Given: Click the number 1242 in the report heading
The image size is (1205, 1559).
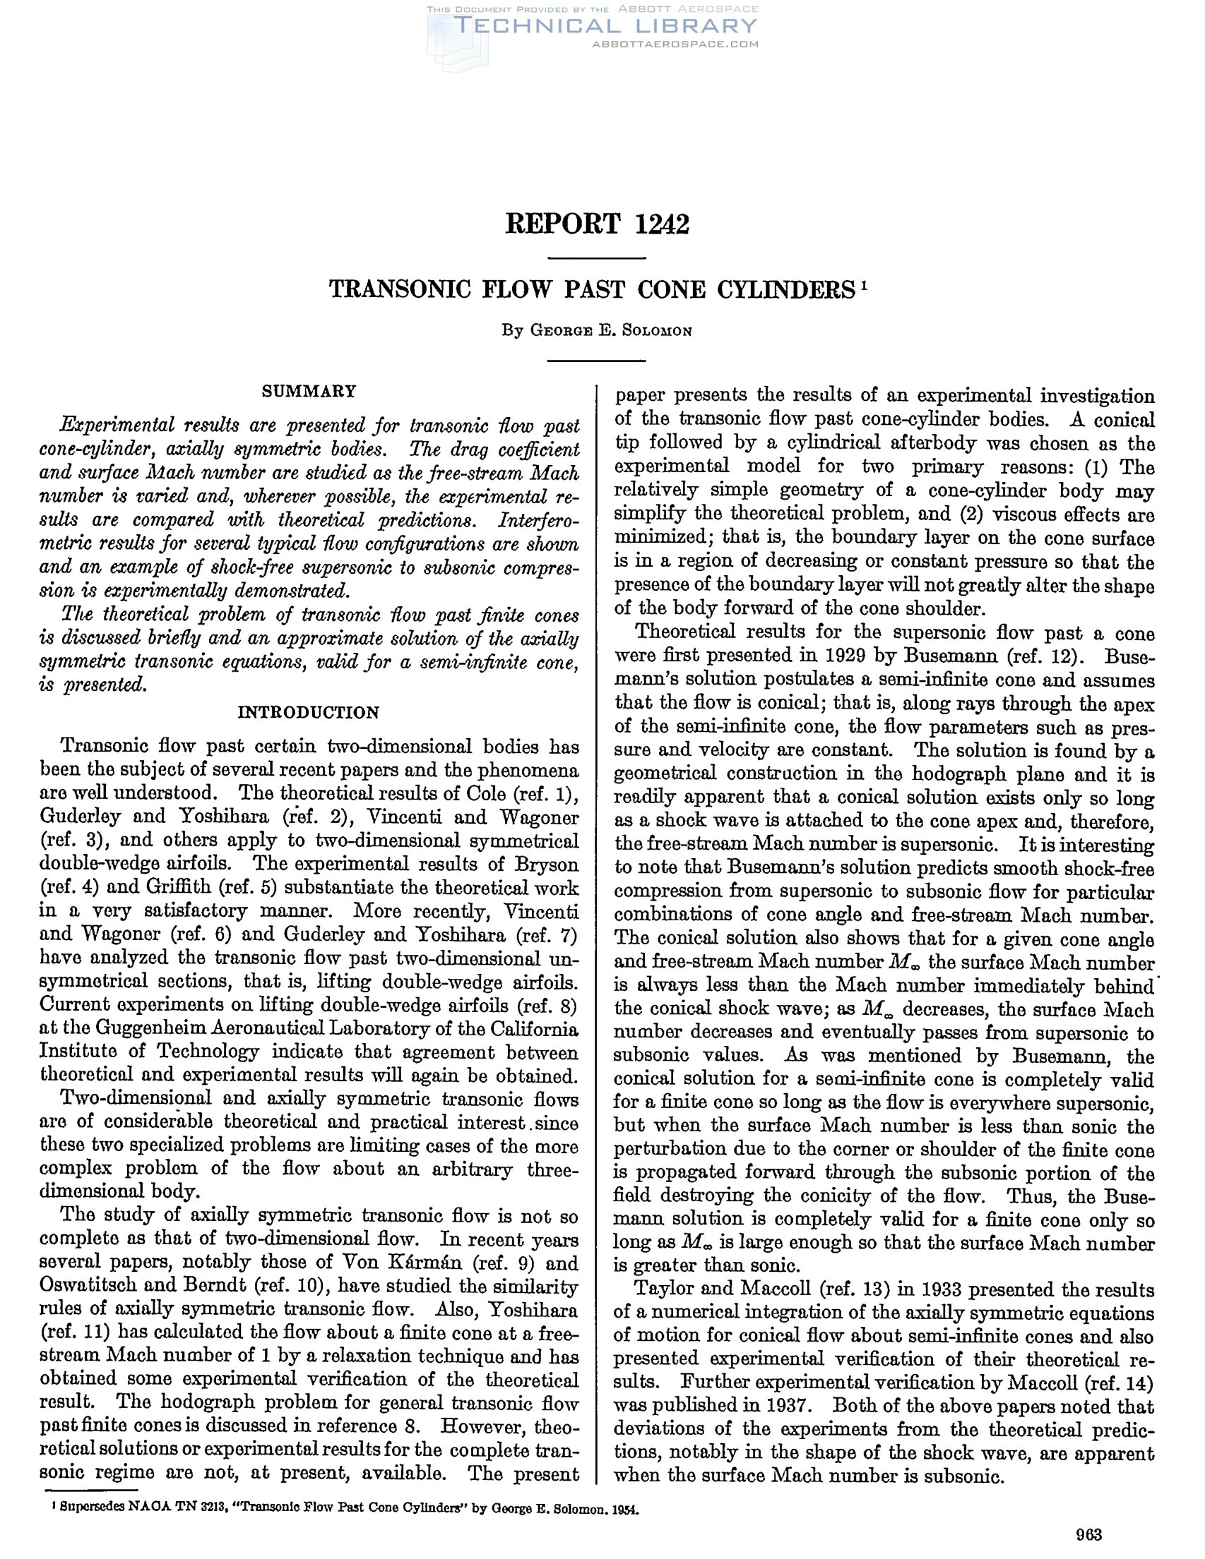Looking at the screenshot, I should pos(661,224).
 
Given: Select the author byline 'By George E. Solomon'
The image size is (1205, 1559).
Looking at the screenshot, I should pos(596,330).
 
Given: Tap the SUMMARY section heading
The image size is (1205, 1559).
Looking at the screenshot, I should pos(309,391).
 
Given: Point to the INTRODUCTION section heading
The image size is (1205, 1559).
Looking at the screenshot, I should pos(308,712).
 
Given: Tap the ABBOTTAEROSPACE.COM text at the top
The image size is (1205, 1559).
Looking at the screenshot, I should pos(675,44).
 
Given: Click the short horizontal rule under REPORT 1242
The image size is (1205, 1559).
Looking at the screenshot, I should pos(596,258).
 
